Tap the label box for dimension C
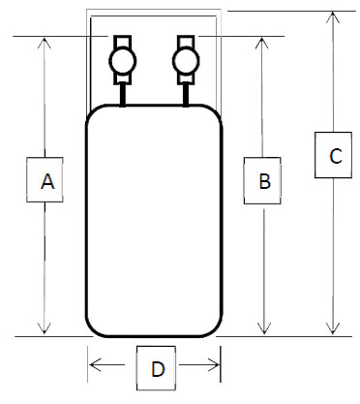click(334, 155)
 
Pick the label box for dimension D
click(156, 367)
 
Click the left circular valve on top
click(123, 62)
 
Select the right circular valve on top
click(185, 62)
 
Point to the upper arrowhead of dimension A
click(45, 43)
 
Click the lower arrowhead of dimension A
click(45, 329)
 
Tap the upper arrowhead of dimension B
click(262, 43)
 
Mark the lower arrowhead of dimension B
click(262, 329)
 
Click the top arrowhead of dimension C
click(334, 16)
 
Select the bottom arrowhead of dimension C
click(334, 329)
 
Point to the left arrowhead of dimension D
click(93, 365)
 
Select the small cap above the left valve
click(123, 42)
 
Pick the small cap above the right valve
click(185, 42)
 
